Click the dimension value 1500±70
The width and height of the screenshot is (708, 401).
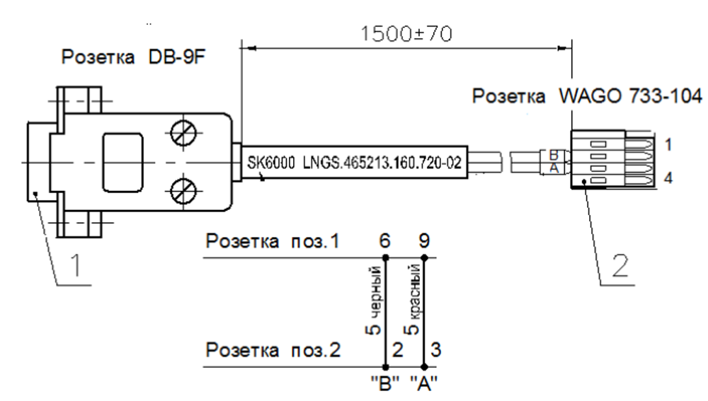[406, 33]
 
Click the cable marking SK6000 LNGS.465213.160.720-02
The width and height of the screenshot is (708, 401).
[355, 163]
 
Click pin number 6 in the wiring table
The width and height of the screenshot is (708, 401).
[386, 242]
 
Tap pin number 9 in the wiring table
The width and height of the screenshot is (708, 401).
[423, 242]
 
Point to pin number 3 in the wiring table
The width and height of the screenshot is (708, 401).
[435, 350]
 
